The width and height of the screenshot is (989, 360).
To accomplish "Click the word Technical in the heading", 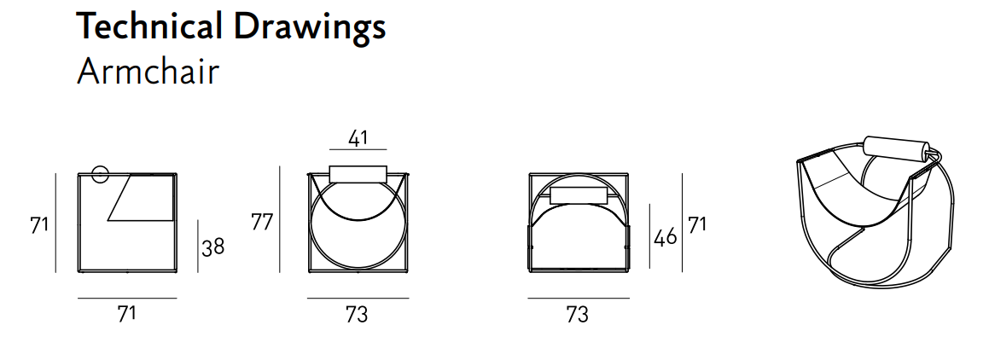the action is [x=148, y=26].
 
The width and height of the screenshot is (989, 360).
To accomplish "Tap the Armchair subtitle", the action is [x=148, y=72].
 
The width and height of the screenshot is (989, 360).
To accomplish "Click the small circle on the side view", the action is [x=101, y=175].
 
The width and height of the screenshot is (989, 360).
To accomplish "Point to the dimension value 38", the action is [x=213, y=247].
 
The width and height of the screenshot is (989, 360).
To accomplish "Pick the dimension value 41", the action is [x=357, y=138].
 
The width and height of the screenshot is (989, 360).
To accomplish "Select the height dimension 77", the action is [x=262, y=223].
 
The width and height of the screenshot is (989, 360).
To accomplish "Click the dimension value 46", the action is [x=666, y=237].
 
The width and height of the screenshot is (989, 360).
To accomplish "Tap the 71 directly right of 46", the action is [x=697, y=224].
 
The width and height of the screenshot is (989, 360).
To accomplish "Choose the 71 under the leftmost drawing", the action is [x=127, y=313].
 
